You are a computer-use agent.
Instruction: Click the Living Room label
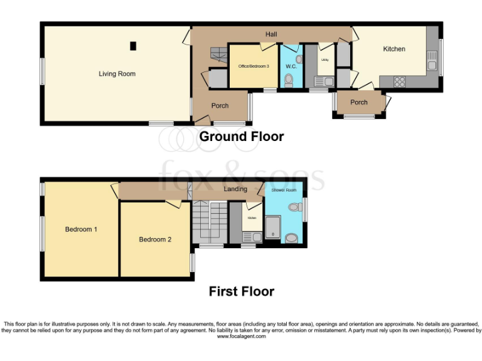pyautogui.click(x=117, y=74)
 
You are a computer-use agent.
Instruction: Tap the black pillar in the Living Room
pyautogui.click(x=133, y=45)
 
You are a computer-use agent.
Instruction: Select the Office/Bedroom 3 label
pyautogui.click(x=253, y=66)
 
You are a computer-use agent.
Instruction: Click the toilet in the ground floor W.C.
pyautogui.click(x=289, y=80)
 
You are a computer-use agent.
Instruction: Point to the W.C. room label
pyautogui.click(x=291, y=66)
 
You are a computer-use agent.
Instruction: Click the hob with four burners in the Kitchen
pyautogui.click(x=399, y=80)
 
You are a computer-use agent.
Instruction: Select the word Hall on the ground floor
pyautogui.click(x=271, y=34)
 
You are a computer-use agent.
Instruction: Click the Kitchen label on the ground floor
pyautogui.click(x=394, y=49)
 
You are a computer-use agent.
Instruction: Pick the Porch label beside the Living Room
pyautogui.click(x=220, y=106)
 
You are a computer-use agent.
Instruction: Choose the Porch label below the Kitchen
pyautogui.click(x=359, y=102)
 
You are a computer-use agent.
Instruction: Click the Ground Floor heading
pyautogui.click(x=241, y=136)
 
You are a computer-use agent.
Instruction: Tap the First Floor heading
pyautogui.click(x=241, y=291)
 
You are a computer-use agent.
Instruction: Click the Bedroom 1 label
pyautogui.click(x=81, y=229)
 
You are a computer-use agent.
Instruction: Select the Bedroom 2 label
pyautogui.click(x=155, y=239)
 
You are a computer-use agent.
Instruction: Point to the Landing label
pyautogui.click(x=235, y=189)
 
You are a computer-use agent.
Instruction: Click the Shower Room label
pyautogui.click(x=284, y=189)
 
